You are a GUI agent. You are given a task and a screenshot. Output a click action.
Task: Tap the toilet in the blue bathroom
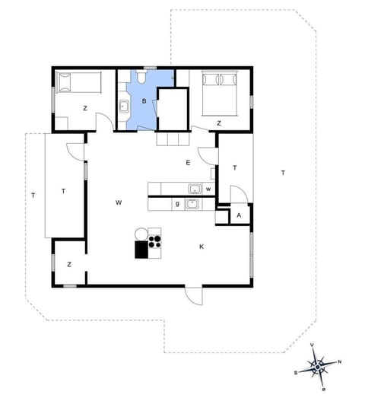click(143, 78)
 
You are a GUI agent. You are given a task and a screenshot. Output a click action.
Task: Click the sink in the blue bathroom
click(124, 107)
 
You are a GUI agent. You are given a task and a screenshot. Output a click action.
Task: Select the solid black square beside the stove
click(141, 250)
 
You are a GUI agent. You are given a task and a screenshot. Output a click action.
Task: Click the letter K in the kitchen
click(202, 247)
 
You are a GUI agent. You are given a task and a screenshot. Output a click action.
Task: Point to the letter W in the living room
click(119, 202)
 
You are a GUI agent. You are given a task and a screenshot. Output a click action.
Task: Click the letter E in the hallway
click(188, 163)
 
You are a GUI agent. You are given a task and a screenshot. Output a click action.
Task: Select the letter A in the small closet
click(240, 216)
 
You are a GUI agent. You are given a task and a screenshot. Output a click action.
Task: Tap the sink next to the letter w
click(195, 189)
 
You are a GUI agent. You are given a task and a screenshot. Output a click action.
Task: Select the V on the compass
click(313, 345)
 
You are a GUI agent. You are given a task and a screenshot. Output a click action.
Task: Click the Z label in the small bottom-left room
click(69, 264)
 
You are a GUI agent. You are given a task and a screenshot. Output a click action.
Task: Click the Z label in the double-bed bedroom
click(218, 123)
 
